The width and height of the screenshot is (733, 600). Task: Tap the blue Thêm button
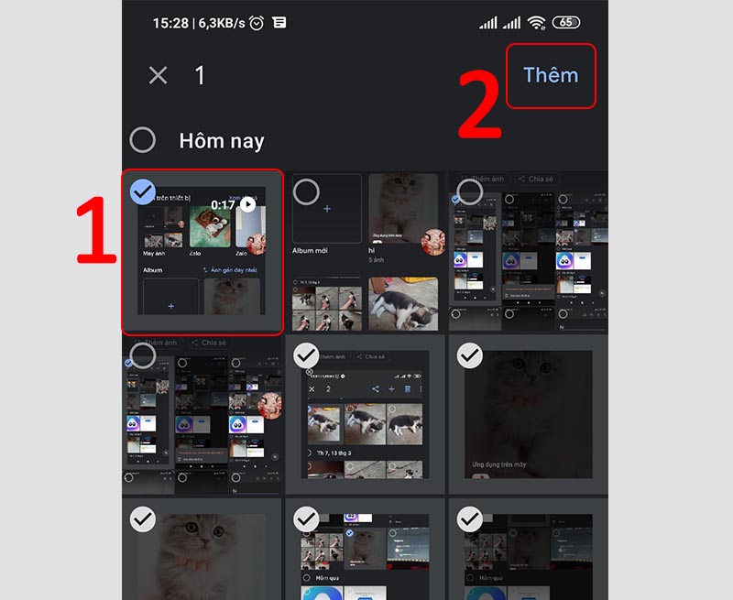point(551,75)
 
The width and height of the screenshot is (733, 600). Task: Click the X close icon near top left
point(159,75)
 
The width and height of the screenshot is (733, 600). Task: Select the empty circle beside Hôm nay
point(143,140)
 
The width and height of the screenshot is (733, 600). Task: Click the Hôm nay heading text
point(221,141)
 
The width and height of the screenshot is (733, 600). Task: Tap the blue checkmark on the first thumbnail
point(142,191)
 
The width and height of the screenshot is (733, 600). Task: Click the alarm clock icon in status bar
point(257,22)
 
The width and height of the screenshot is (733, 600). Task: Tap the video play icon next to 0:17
point(247,204)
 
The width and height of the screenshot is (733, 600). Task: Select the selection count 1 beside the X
point(200,75)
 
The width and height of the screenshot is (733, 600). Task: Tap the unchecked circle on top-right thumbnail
point(470,191)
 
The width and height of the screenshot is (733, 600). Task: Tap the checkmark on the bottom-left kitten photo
point(142,519)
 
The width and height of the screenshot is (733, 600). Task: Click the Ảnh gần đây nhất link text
point(233,271)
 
